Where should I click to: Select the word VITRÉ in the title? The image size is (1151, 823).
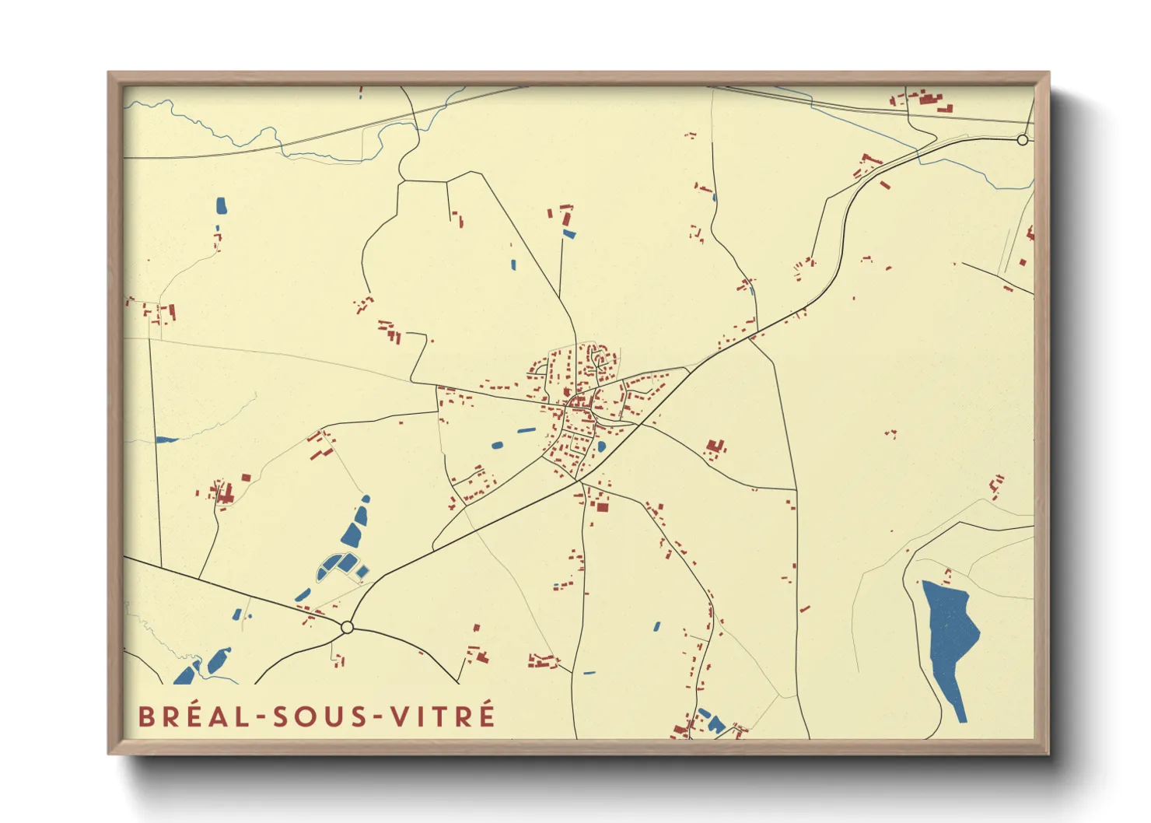coord(442,716)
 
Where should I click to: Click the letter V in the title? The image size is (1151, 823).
coord(399,716)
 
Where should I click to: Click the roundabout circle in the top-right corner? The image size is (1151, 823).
coord(1023,140)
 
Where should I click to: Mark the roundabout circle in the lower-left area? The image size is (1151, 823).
coord(347,627)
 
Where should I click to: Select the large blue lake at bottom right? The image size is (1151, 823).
coord(950,638)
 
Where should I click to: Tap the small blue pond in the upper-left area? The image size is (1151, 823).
coord(221,206)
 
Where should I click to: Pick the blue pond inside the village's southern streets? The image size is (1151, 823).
coord(601,447)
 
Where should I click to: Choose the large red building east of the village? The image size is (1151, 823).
coord(715,447)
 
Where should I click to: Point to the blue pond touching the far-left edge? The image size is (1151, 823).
coord(166,440)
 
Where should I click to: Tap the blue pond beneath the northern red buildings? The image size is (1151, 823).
coord(569,233)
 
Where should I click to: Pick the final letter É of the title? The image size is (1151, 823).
coord(487,715)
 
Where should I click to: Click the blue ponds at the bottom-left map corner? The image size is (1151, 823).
coord(198,668)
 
